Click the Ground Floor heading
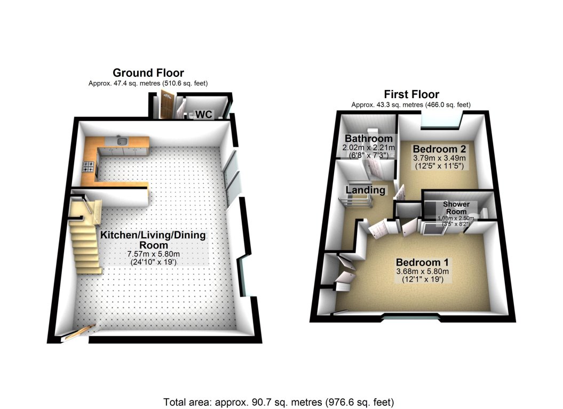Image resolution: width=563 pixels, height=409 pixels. [148, 73]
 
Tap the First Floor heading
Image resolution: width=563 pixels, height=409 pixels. [411, 95]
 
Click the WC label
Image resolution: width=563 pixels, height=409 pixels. [204, 114]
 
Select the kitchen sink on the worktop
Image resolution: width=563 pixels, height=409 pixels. [122, 141]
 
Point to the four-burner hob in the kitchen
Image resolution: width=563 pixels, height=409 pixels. [89, 168]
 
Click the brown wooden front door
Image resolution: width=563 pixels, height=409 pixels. [165, 105]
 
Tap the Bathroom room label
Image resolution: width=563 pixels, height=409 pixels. [369, 139]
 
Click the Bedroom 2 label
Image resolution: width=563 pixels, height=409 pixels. [435, 149]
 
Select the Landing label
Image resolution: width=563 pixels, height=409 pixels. [365, 190]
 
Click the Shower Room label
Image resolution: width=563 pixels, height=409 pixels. [456, 207]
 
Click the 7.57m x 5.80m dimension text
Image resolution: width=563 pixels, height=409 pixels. [153, 253]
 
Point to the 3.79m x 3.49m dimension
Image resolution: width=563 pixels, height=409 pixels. [439, 158]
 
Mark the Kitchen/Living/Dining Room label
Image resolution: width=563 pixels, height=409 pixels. [153, 239]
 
